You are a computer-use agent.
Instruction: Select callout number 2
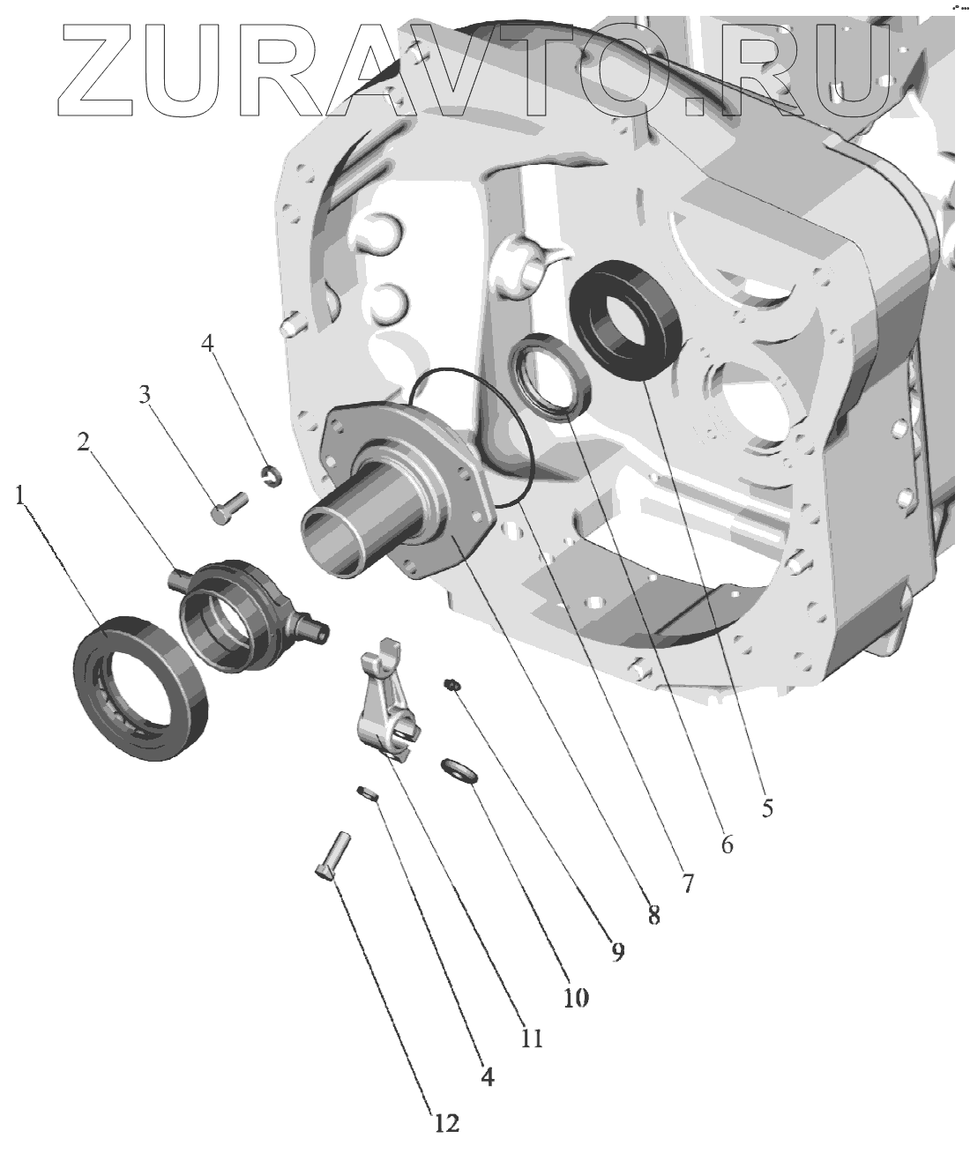tap(84, 442)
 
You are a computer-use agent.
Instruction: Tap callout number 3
tap(145, 394)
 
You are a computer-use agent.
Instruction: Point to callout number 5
tap(767, 807)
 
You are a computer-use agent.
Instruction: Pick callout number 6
tap(727, 844)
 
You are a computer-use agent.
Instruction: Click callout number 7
tap(687, 884)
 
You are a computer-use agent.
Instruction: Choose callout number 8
tap(653, 916)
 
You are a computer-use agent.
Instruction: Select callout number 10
tap(576, 998)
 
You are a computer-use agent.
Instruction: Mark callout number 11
tap(532, 1038)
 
